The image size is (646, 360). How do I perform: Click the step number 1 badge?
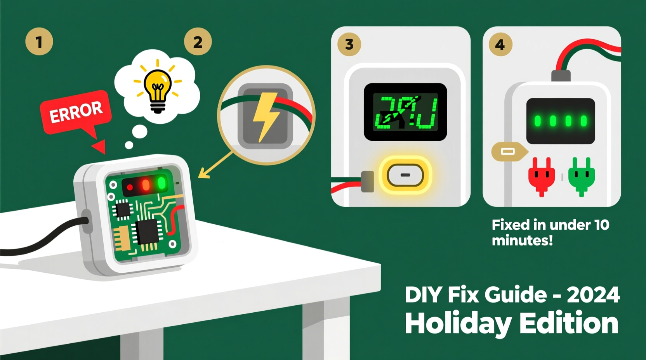(x=39, y=42)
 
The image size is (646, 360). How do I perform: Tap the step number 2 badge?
(x=198, y=42)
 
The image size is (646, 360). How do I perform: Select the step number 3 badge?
(x=349, y=44)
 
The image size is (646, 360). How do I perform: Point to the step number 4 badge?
(x=500, y=45)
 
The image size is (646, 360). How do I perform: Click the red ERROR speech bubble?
(x=76, y=112)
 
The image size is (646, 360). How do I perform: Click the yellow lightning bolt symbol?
(x=266, y=116)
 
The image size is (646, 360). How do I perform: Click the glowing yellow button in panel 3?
(x=405, y=175)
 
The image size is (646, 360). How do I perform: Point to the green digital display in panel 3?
(x=405, y=112)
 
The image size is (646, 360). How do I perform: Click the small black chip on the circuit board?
(x=123, y=210)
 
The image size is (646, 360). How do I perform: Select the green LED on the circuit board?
(x=161, y=183)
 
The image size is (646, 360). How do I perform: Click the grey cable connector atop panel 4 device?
(x=561, y=75)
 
